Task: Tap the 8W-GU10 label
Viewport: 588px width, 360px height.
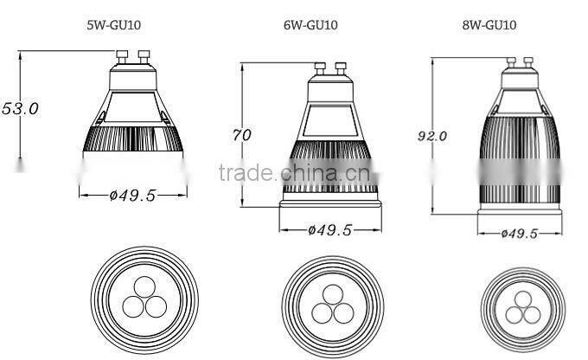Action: point(489,25)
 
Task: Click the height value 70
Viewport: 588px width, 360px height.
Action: point(243,135)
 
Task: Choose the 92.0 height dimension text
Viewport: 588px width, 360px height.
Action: point(432,136)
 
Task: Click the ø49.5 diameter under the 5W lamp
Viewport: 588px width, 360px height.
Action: point(132,196)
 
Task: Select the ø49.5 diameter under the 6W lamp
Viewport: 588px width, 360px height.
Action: point(331,230)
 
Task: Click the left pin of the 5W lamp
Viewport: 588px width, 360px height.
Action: point(122,57)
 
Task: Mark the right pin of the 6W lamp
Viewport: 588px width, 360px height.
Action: point(341,67)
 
